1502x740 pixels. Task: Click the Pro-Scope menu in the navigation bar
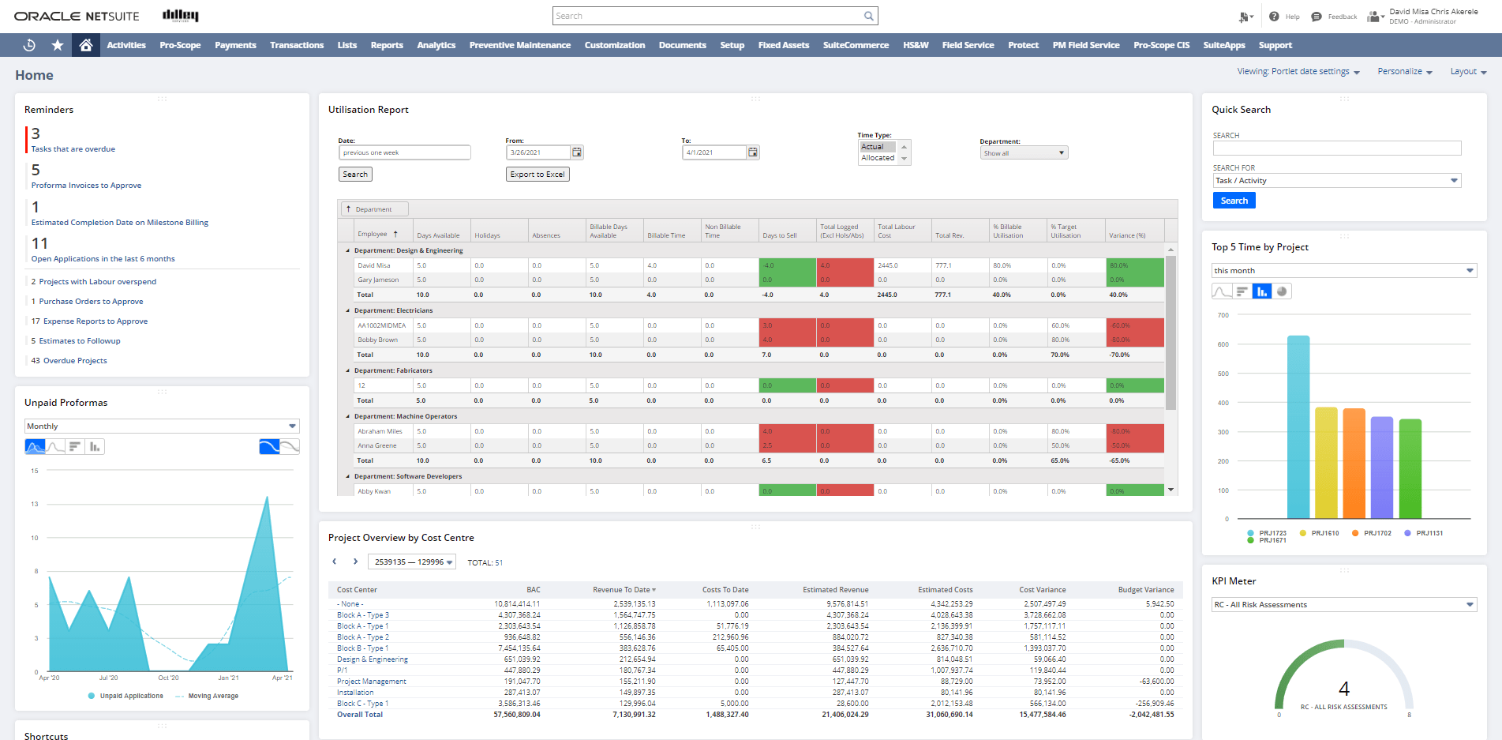[x=180, y=45]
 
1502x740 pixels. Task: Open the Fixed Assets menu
[x=783, y=45]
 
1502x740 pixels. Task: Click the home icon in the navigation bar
[x=86, y=45]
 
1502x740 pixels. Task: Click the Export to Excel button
[x=537, y=175]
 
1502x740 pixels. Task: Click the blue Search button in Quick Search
[x=1234, y=201]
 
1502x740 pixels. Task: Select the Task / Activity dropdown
[x=1336, y=181]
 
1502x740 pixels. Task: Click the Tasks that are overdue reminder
[x=73, y=149]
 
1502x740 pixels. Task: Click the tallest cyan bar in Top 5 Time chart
[x=1298, y=426]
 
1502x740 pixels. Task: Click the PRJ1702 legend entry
[x=1377, y=533]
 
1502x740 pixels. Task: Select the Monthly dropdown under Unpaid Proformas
[x=162, y=426]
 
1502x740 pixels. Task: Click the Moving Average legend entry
[x=212, y=697]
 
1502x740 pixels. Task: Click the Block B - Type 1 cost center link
[x=362, y=648]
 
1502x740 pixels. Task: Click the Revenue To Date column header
[x=623, y=590]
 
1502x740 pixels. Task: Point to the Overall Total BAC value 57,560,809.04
[x=516, y=715]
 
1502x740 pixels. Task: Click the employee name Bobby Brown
[x=377, y=340]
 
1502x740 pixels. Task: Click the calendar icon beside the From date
[x=577, y=152]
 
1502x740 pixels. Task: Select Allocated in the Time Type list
[x=878, y=158]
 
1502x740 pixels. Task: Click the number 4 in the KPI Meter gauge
[x=1344, y=689]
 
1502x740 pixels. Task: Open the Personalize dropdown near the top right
[x=1404, y=72]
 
